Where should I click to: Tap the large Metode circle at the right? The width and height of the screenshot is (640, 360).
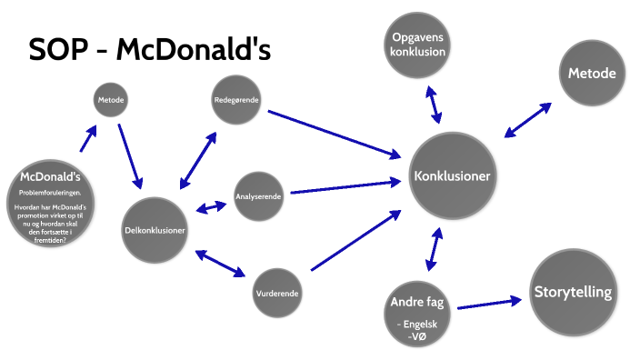pyautogui.click(x=592, y=74)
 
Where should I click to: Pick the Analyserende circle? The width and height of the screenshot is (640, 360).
pyautogui.click(x=258, y=195)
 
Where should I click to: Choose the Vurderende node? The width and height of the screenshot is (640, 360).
pyautogui.click(x=276, y=295)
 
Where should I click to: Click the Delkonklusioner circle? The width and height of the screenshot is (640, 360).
pyautogui.click(x=155, y=230)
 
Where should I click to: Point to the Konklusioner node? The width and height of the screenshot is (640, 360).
pyautogui.click(x=452, y=175)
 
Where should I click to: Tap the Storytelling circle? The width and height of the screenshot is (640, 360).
pyautogui.click(x=572, y=293)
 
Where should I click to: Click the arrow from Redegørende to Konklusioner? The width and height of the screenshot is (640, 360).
pyautogui.click(x=335, y=133)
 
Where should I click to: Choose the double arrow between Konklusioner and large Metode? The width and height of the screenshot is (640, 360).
pyautogui.click(x=527, y=121)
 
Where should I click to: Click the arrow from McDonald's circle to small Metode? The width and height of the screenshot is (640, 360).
pyautogui.click(x=88, y=138)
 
